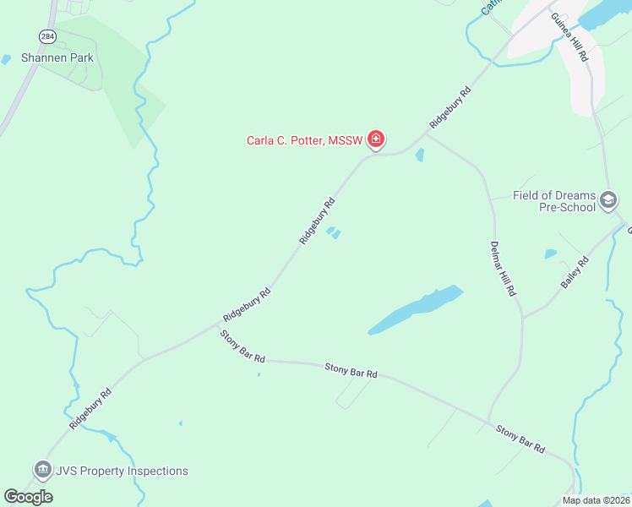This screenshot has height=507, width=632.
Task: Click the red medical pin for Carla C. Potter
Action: coord(376,139)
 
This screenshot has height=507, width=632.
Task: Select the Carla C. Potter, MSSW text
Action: coord(304,140)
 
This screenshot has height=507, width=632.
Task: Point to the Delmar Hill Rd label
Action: coord(503,269)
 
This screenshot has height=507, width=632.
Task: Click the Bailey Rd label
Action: coord(575,273)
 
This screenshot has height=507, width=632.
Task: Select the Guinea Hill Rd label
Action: coord(569,37)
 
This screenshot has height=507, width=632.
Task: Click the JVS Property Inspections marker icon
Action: coord(41,471)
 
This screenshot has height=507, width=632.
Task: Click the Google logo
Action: coord(29,497)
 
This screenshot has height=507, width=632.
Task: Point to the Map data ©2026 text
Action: coord(596,500)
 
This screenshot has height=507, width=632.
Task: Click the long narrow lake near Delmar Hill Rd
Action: coord(417,309)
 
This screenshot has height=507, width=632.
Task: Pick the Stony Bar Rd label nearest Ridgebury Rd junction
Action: coord(242,347)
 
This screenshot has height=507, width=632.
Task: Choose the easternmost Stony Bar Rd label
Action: coord(520,438)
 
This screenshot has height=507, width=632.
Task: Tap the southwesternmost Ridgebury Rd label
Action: coord(91,410)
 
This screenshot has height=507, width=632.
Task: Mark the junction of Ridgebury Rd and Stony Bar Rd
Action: coord(215,326)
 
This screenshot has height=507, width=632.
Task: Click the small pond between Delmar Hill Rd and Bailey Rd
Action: coord(551,253)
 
